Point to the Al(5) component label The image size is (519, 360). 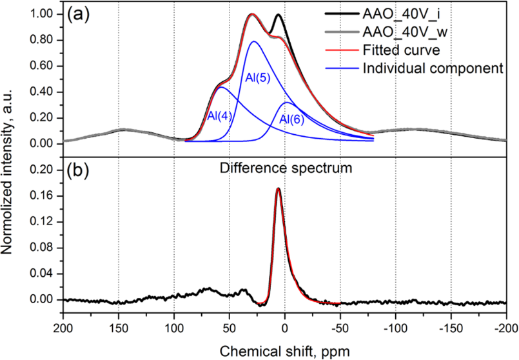coord(258,78)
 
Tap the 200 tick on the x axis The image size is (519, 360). coord(63,327)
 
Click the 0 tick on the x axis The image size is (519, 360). coord(285,327)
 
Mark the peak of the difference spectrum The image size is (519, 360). coord(278,189)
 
